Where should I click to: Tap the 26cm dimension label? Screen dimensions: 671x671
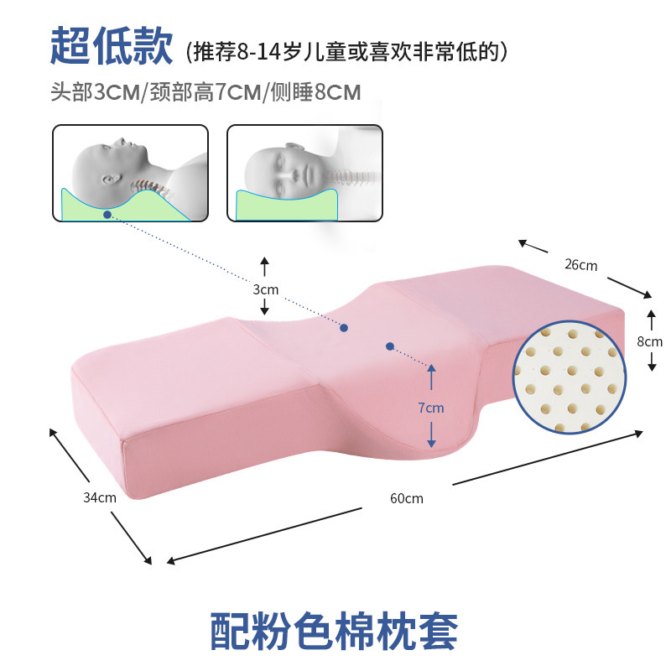coord(580,265)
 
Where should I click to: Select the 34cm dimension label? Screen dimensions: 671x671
coord(100,497)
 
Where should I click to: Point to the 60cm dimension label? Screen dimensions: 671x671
coord(407,497)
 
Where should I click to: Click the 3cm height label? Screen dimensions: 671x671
coord(265,289)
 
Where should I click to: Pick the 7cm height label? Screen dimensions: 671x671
coord(431,408)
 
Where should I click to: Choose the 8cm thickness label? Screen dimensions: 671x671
coord(650,341)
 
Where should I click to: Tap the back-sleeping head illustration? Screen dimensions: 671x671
coord(130,173)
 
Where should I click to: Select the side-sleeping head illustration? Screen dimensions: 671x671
coord(304,173)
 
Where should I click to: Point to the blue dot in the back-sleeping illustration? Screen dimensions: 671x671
coord(107,215)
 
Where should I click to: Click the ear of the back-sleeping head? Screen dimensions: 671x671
coord(108,179)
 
